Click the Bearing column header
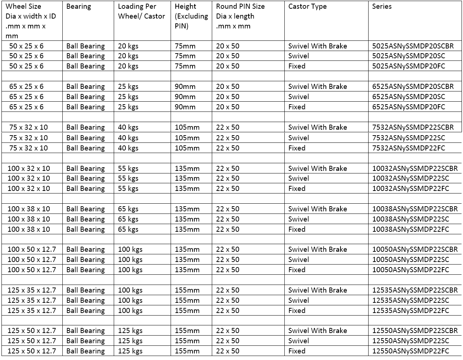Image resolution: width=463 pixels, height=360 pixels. point(79,7)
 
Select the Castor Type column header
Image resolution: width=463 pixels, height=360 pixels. point(307,7)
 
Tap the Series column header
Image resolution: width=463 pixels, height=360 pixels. point(382,7)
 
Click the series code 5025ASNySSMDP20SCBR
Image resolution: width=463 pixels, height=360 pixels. point(413,46)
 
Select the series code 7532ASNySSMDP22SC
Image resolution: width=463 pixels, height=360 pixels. point(408,138)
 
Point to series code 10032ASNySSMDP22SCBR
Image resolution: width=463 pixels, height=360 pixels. point(415,169)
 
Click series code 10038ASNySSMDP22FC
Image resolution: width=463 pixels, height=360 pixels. point(411,230)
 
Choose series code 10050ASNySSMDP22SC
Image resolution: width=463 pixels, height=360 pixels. point(411,260)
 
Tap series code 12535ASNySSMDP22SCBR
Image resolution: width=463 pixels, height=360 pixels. point(415,290)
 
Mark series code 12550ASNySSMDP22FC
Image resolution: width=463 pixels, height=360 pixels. point(411,351)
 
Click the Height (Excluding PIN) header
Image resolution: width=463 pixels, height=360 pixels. point(191,16)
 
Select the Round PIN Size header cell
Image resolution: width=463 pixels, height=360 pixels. point(240,16)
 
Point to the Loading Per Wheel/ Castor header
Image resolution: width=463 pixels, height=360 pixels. point(141,11)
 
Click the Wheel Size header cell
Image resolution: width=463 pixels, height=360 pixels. point(31,21)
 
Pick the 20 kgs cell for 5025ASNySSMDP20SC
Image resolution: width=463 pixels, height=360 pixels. point(128,56)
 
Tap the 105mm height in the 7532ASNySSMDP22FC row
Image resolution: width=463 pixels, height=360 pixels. point(187,148)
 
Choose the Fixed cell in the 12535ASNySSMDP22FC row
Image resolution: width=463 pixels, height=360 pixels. point(297,311)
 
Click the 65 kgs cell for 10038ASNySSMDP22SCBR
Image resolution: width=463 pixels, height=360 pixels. point(128,209)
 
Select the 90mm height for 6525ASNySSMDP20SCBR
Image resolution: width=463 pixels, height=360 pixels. point(185,87)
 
